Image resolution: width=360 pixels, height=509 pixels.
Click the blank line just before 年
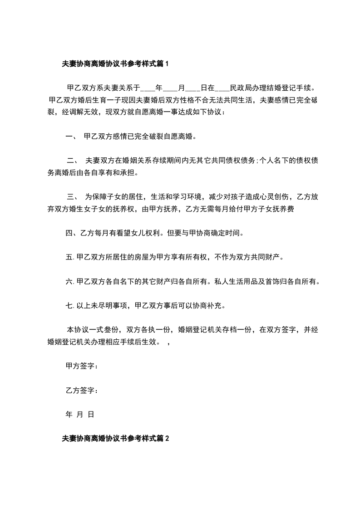tap(148, 89)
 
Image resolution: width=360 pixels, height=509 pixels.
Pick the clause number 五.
tap(69, 258)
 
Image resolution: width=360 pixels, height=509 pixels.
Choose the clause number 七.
tap(69, 305)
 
